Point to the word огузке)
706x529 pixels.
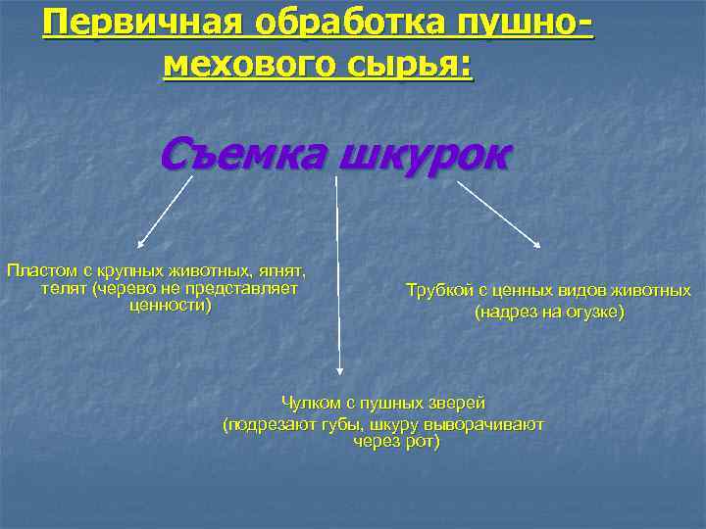(x=589, y=313)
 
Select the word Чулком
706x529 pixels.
(x=308, y=403)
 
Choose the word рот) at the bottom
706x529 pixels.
(x=419, y=442)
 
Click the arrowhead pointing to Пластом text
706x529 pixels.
(x=140, y=244)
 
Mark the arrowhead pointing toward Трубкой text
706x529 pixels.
(x=537, y=244)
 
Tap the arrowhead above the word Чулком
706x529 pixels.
(x=339, y=370)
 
